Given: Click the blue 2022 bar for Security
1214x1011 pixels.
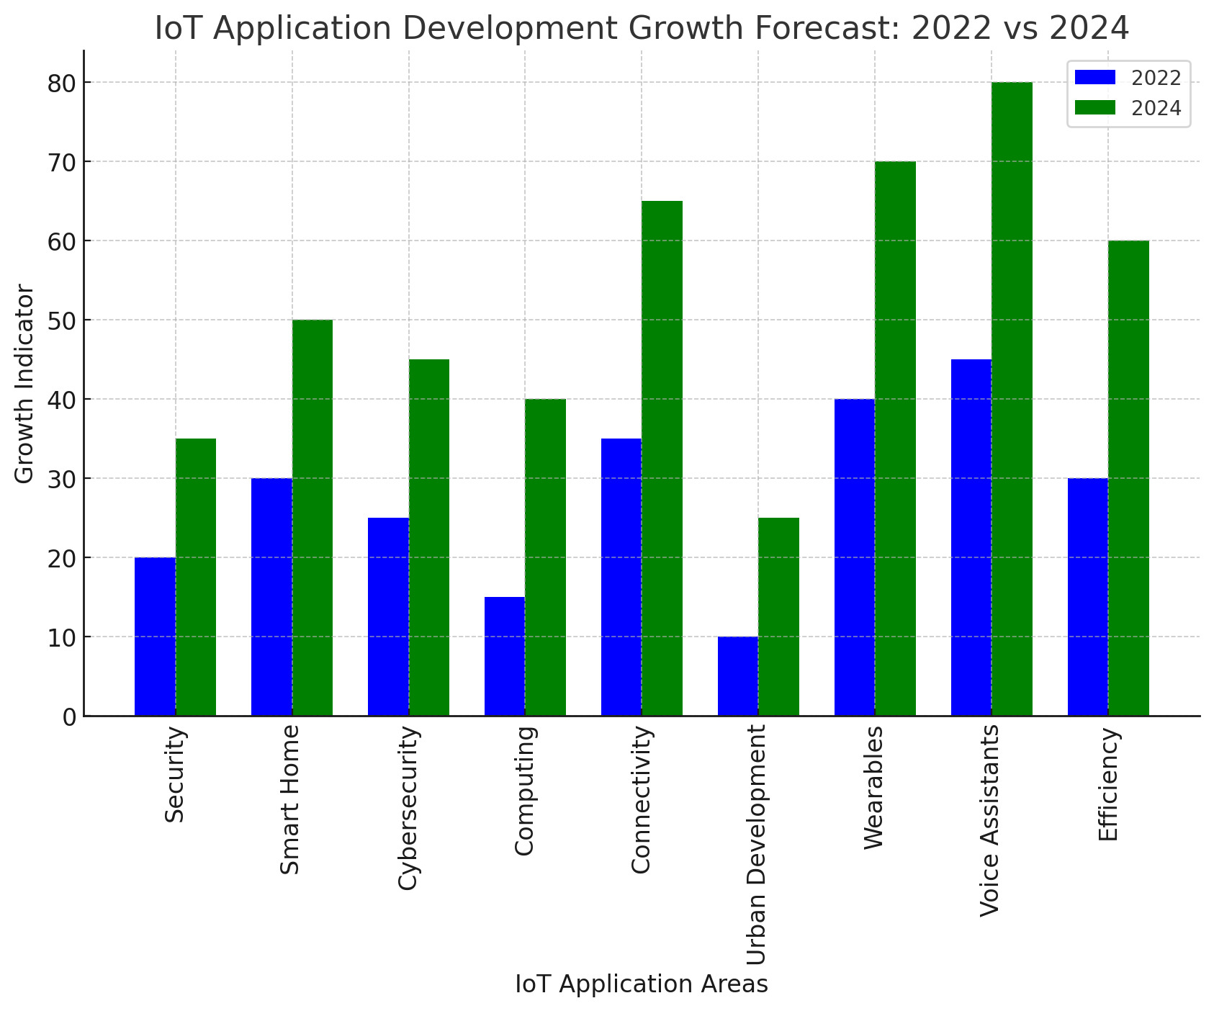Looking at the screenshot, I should (155, 637).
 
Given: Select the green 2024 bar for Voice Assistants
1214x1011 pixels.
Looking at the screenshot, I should (1012, 399).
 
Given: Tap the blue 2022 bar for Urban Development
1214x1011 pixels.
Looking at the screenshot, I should (738, 676).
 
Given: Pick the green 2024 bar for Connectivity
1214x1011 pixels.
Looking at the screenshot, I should (662, 458).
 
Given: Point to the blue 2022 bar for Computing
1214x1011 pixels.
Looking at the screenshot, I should (505, 656).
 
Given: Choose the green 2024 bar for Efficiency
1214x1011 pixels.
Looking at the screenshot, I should (1128, 478).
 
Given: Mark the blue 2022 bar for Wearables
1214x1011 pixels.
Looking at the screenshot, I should (855, 557).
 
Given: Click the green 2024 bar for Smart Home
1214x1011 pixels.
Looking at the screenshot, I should (313, 518).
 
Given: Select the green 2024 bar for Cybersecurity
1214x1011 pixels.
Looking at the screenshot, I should (429, 537).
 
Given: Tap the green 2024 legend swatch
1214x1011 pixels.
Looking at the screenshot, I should (1094, 108).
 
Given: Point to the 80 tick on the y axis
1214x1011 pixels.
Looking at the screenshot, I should (63, 83).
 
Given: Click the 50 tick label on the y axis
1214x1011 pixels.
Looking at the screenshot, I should (63, 320).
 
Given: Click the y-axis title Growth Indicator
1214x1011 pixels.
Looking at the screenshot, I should (24, 384).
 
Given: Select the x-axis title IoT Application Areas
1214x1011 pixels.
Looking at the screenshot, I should (642, 984).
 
